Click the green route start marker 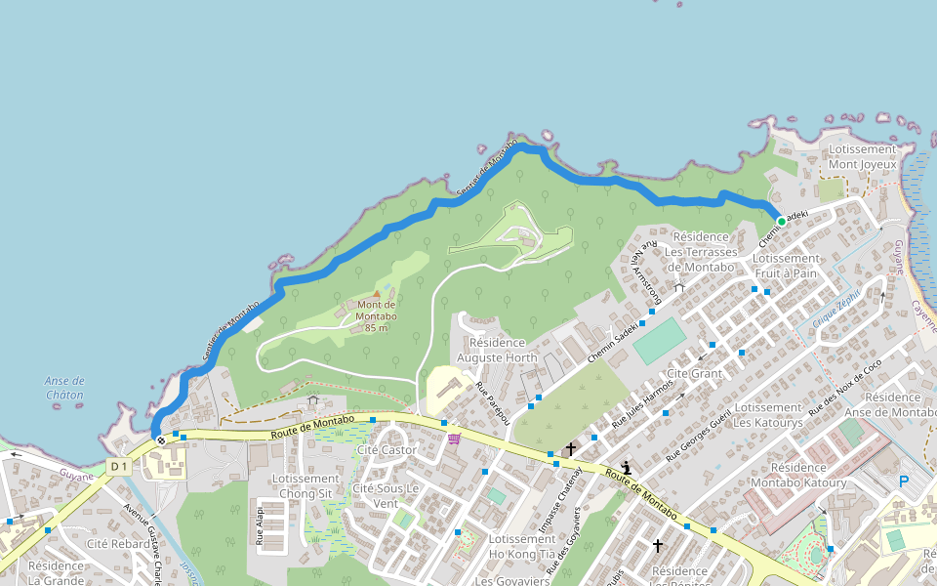click(781, 222)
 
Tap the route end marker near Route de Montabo click(160, 440)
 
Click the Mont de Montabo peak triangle click(377, 293)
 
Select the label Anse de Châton click(64, 388)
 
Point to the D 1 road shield click(119, 467)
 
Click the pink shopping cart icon click(454, 439)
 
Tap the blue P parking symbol click(904, 481)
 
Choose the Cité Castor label click(387, 450)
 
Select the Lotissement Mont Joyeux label click(862, 157)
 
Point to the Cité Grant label click(694, 374)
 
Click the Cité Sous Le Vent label click(386, 495)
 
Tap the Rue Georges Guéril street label click(699, 433)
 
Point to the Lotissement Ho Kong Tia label click(522, 546)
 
